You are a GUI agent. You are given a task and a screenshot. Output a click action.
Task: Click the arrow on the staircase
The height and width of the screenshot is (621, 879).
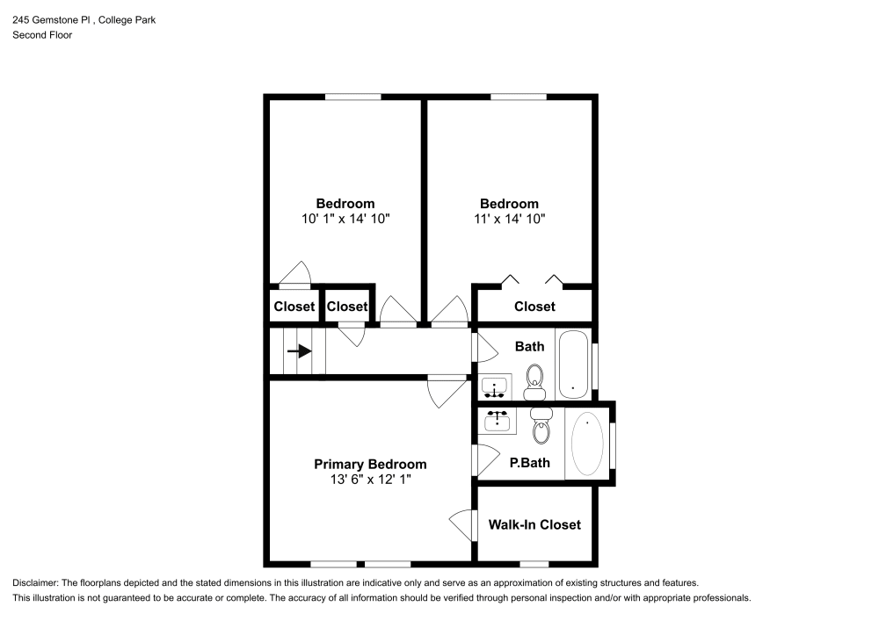(x=301, y=351)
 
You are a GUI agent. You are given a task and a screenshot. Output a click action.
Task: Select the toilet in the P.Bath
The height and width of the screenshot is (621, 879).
(x=541, y=427)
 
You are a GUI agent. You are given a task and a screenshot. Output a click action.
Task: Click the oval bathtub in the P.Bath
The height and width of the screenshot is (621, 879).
(x=587, y=444)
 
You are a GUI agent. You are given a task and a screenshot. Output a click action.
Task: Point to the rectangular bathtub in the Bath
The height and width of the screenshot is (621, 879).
(x=575, y=364)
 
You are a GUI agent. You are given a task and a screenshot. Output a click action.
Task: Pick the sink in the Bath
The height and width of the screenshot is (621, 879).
(x=495, y=387)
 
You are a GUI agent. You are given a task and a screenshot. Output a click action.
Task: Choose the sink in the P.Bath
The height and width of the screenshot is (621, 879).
(x=498, y=421)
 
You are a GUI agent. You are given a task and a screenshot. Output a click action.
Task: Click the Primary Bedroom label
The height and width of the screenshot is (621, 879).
(x=370, y=464)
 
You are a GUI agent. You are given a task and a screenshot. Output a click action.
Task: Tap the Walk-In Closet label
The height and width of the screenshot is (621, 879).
(x=534, y=524)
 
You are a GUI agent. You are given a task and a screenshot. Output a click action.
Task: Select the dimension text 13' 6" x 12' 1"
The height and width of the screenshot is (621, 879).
(x=370, y=480)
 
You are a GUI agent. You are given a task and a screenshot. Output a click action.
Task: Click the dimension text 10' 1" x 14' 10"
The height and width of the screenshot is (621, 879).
(x=345, y=219)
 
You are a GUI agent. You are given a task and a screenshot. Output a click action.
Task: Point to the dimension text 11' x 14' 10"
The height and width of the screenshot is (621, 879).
(x=509, y=219)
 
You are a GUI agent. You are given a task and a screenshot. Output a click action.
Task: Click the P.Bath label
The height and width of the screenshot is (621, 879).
(x=530, y=462)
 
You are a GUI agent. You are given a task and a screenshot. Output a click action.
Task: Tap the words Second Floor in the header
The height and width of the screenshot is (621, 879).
(x=42, y=35)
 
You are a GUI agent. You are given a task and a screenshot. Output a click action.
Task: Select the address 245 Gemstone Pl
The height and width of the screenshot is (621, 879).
(x=53, y=19)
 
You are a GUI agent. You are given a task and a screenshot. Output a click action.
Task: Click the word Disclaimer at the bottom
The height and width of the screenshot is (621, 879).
(x=36, y=583)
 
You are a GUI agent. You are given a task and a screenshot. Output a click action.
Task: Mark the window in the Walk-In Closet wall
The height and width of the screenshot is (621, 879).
(x=534, y=563)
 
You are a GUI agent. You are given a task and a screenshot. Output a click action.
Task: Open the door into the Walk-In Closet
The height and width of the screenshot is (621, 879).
(x=462, y=526)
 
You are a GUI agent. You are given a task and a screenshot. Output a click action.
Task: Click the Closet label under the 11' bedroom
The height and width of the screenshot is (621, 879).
(x=534, y=307)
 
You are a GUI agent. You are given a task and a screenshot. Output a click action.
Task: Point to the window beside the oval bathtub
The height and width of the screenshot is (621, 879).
(x=612, y=444)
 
